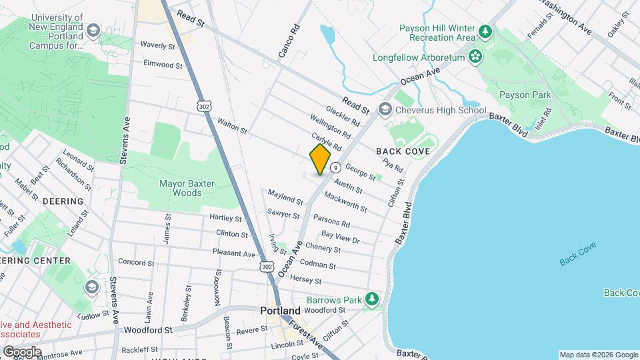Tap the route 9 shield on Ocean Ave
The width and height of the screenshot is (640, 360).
click(x=335, y=167)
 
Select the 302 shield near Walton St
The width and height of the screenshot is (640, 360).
click(x=204, y=105)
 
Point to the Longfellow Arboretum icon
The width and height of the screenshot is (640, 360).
click(x=475, y=57)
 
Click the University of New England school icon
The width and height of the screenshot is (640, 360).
click(x=93, y=31)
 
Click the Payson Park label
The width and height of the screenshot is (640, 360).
click(x=525, y=95)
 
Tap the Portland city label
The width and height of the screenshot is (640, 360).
click(x=280, y=311)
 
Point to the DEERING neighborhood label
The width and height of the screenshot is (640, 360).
click(x=63, y=201)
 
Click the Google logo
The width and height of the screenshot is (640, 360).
click(x=22, y=351)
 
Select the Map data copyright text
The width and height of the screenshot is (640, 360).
click(x=598, y=355)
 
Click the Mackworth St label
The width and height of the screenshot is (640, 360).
click(x=345, y=203)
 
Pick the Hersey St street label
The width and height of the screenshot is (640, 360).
click(x=307, y=279)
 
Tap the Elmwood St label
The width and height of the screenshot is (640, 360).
click(x=163, y=65)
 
